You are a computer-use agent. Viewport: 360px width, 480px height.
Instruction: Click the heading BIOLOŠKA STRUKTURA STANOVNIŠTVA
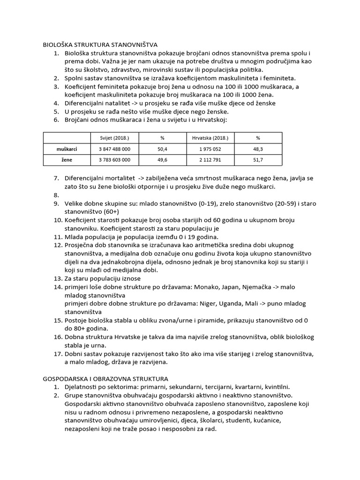pos(100,45)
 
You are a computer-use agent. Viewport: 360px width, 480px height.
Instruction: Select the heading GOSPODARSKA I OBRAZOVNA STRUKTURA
pos(105,378)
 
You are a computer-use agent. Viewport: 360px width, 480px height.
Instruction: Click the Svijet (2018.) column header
pos(114,138)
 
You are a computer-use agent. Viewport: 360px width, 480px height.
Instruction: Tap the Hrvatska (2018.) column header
pos(210,138)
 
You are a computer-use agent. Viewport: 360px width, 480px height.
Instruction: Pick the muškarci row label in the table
pos(67,149)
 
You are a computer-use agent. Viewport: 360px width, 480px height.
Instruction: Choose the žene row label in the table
pos(67,160)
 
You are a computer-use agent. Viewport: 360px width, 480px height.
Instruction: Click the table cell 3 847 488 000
pos(115,149)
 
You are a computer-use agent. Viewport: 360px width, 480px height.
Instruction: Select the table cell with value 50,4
pos(162,149)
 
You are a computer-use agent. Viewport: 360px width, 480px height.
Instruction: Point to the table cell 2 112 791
pos(210,160)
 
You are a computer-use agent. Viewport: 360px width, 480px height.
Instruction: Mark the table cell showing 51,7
pos(258,160)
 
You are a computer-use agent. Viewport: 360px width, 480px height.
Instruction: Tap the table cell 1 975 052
pos(210,149)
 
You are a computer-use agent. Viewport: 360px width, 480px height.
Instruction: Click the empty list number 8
pos(56,195)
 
